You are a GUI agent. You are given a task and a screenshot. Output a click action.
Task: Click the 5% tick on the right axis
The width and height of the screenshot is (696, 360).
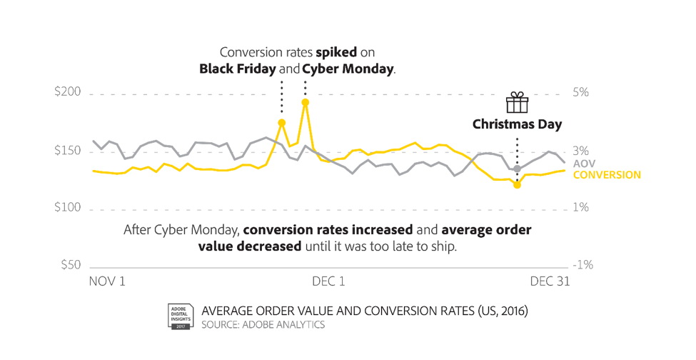[580, 94]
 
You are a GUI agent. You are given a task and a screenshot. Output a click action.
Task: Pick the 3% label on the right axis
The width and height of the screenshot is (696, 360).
[580, 151]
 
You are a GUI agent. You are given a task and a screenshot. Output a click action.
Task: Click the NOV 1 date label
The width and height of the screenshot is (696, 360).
[107, 281]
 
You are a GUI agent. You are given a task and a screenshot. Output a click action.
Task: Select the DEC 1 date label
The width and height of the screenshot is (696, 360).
[328, 281]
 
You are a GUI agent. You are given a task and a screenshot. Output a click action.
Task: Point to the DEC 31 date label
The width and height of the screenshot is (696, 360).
[550, 281]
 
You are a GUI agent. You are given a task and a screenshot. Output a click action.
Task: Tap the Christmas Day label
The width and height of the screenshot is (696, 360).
[517, 124]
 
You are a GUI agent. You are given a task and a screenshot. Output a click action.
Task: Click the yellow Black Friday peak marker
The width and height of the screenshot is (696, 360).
[281, 123]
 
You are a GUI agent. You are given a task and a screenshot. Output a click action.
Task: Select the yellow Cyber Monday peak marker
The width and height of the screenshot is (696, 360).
[305, 102]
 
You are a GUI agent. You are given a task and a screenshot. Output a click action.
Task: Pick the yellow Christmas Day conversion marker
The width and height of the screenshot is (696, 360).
[517, 185]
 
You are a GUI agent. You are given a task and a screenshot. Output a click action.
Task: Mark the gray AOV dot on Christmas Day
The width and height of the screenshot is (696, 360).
[517, 169]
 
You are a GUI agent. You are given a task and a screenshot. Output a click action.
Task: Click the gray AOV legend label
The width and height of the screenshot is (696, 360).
[585, 164]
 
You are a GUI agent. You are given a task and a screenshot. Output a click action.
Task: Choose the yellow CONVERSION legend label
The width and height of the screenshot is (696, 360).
[607, 175]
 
